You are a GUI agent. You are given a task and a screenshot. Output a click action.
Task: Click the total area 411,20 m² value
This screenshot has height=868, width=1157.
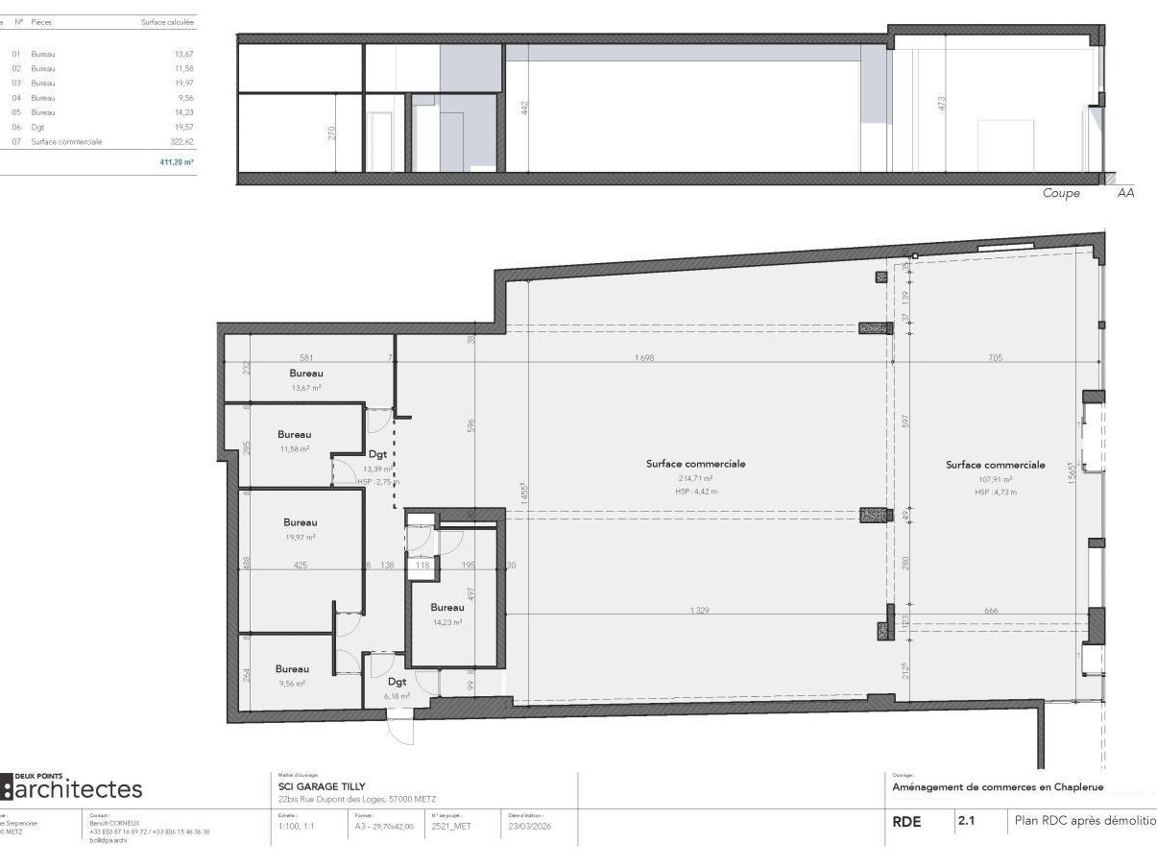tap(177, 162)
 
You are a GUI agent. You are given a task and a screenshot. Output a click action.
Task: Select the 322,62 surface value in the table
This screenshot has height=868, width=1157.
tap(181, 141)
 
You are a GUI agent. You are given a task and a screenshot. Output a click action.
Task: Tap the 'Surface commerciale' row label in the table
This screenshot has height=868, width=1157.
tap(66, 141)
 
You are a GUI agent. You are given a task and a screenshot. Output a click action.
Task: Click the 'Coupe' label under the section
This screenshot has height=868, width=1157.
tap(1061, 193)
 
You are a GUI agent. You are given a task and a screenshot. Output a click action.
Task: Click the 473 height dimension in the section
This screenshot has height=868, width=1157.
tap(942, 103)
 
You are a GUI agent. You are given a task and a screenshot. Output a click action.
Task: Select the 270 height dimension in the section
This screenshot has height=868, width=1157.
tap(332, 133)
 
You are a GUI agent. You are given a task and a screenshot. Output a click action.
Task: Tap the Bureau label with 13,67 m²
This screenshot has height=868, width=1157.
tap(306, 373)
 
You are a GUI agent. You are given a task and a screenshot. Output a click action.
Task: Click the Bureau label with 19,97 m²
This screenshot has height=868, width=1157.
tap(300, 522)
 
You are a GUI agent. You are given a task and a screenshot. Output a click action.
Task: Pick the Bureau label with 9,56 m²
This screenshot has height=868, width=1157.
tap(292, 668)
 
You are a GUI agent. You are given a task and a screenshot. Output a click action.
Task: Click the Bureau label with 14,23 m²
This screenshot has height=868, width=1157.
tap(447, 607)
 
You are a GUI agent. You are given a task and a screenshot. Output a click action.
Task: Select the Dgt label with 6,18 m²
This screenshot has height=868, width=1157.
tap(398, 682)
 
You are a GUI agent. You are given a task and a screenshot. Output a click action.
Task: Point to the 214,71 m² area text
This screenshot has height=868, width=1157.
tap(696, 477)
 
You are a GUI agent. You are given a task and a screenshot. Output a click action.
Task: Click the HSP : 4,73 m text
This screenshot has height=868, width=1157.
tap(995, 492)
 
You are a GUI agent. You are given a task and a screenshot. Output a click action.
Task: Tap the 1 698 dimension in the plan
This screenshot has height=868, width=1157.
tap(644, 358)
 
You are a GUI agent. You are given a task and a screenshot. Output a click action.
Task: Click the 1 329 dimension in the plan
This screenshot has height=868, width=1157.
tap(699, 611)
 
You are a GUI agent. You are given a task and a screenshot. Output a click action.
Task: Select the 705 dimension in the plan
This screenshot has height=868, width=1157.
tap(995, 358)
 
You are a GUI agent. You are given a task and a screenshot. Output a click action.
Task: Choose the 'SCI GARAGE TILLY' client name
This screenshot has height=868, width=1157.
tap(322, 786)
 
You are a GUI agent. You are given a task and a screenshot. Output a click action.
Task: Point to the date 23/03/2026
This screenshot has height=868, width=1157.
tap(529, 825)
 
